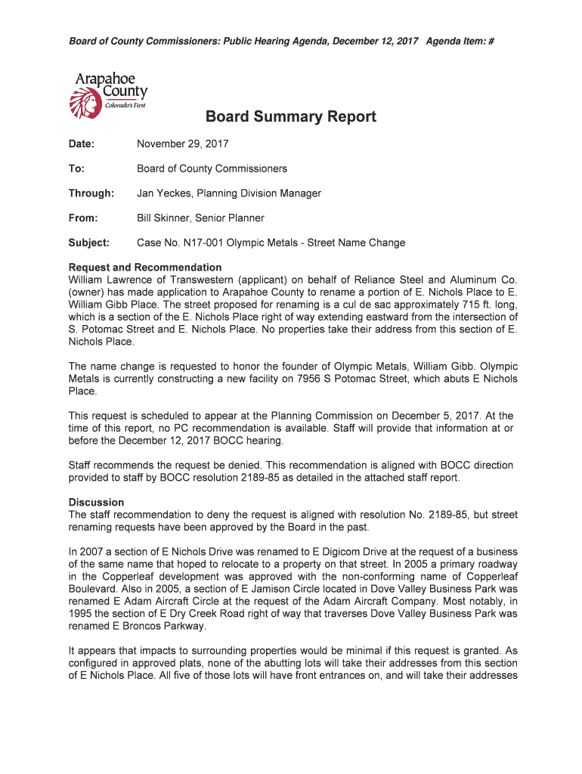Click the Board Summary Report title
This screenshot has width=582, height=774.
coord(290,117)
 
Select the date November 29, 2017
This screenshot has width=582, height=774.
coord(182,144)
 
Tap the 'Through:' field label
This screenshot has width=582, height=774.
coord(91,193)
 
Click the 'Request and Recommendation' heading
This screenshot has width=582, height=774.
coord(145,268)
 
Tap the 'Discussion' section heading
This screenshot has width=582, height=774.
coord(97,502)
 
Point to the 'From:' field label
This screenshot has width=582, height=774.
coord(83,218)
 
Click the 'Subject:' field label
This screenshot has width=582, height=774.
coord(89,243)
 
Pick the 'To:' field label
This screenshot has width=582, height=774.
coord(76,169)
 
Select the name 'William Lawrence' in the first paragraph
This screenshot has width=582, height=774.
coord(109,280)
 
